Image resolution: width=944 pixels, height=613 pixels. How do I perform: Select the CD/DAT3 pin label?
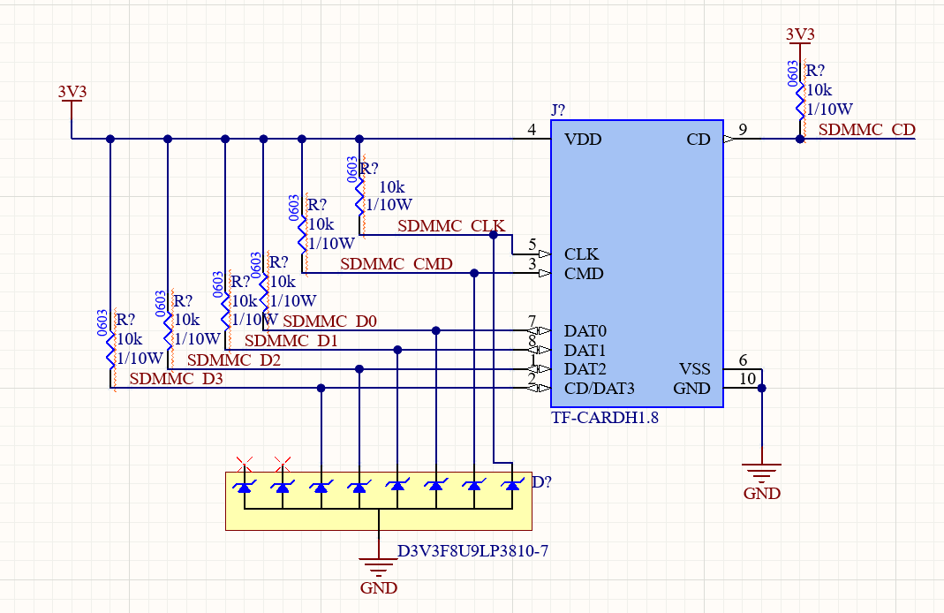coord(600,388)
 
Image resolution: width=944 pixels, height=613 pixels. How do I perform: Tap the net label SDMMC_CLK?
coord(450,226)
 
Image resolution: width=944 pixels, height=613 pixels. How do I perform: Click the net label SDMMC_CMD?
coord(396,264)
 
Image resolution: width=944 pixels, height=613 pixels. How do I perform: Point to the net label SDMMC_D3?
coord(176,379)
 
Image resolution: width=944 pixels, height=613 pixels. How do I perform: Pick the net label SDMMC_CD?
coord(866,130)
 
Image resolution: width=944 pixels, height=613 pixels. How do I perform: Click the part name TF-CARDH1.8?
coord(605,418)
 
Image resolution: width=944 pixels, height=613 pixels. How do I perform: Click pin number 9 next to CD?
coord(743,130)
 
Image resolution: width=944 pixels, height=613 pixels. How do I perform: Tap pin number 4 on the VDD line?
coord(532,130)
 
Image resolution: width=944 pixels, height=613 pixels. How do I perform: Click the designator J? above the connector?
coord(558,110)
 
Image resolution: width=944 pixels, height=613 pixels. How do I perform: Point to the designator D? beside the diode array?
coord(542,482)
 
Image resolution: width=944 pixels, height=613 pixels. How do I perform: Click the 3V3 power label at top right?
coord(800,34)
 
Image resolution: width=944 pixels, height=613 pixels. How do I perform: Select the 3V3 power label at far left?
coord(72,91)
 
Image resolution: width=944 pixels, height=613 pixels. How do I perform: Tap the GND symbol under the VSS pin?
coord(761,477)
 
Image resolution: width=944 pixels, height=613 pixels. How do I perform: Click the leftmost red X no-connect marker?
coord(245,462)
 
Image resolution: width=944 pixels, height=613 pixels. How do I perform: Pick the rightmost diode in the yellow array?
coord(512,486)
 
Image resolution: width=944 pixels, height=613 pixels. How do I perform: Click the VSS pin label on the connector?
coord(694,368)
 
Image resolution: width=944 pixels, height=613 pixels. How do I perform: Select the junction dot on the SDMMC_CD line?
coord(800,139)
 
